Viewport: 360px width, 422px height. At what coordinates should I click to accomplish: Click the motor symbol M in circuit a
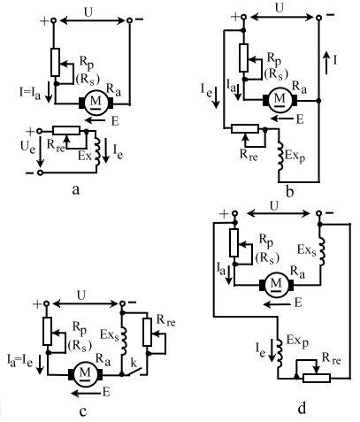point(96,102)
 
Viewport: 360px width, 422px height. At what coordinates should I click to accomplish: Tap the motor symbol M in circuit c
point(85,373)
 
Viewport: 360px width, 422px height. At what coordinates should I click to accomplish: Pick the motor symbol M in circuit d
point(276,284)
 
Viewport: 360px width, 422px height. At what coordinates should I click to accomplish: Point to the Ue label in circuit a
point(27,147)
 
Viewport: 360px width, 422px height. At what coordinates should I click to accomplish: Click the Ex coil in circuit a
point(96,151)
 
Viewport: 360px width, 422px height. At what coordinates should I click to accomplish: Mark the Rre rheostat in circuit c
point(148,332)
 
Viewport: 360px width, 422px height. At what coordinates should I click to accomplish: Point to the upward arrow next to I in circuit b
point(326,62)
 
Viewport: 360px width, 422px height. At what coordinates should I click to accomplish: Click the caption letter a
point(76,189)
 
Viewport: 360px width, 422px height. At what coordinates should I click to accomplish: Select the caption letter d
point(302,408)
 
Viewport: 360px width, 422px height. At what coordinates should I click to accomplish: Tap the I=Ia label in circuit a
point(30,92)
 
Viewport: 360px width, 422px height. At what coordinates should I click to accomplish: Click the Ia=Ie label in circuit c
point(19,361)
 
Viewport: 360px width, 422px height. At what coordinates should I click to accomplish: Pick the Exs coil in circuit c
point(124,341)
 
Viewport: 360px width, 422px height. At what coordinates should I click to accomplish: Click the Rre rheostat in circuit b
point(245,129)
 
